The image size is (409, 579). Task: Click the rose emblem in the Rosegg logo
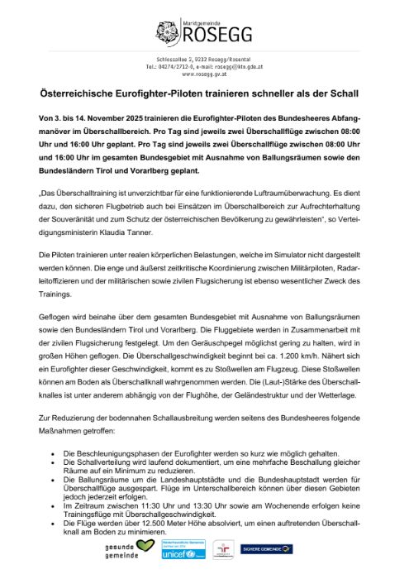click(165, 34)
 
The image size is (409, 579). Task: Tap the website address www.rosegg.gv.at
click(204, 74)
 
